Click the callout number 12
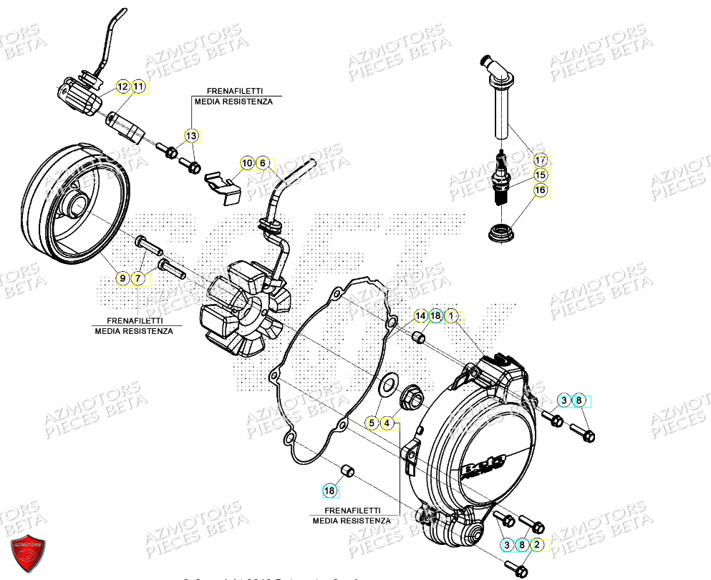123,87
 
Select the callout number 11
138,87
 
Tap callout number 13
191,135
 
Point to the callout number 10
247,164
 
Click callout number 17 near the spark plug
540,160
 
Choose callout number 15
540,175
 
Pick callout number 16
540,190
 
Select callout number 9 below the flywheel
123,277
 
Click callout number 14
420,315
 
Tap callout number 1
452,315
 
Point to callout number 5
372,423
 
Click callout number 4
387,423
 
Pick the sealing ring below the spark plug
500,233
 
